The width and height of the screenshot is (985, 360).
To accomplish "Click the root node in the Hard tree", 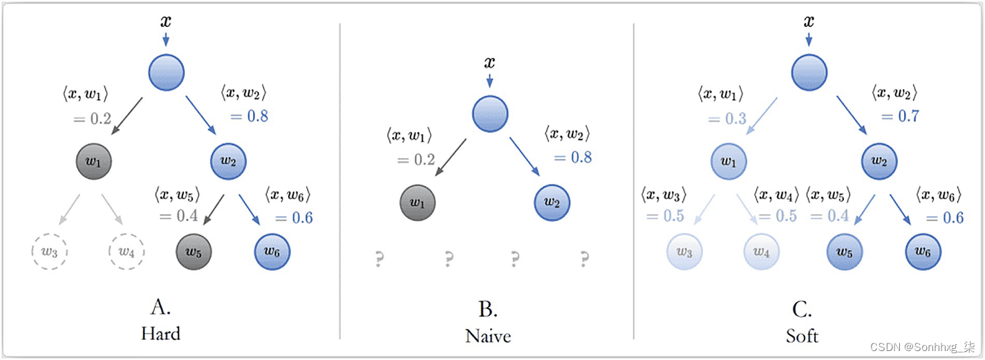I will pos(166,71).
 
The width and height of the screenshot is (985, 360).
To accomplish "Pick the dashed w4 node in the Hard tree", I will pos(126,252).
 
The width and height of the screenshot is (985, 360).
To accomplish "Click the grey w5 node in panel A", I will pos(194,252).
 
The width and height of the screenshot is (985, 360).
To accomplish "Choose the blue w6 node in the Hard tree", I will pos(272,252).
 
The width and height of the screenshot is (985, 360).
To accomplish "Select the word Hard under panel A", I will pos(160,334).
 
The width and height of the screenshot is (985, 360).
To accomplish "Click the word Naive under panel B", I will pos(488,337).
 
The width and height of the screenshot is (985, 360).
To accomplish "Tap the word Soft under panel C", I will pos(803,337).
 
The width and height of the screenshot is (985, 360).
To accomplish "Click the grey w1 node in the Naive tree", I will pos(418,203).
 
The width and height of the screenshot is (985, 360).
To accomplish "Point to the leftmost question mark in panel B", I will pos(379,259).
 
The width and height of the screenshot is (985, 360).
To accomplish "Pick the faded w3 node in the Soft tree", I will pos(684,252).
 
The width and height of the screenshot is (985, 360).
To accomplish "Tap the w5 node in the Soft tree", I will pos(844,252).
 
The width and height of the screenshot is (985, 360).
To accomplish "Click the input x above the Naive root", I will pos(489,63).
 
